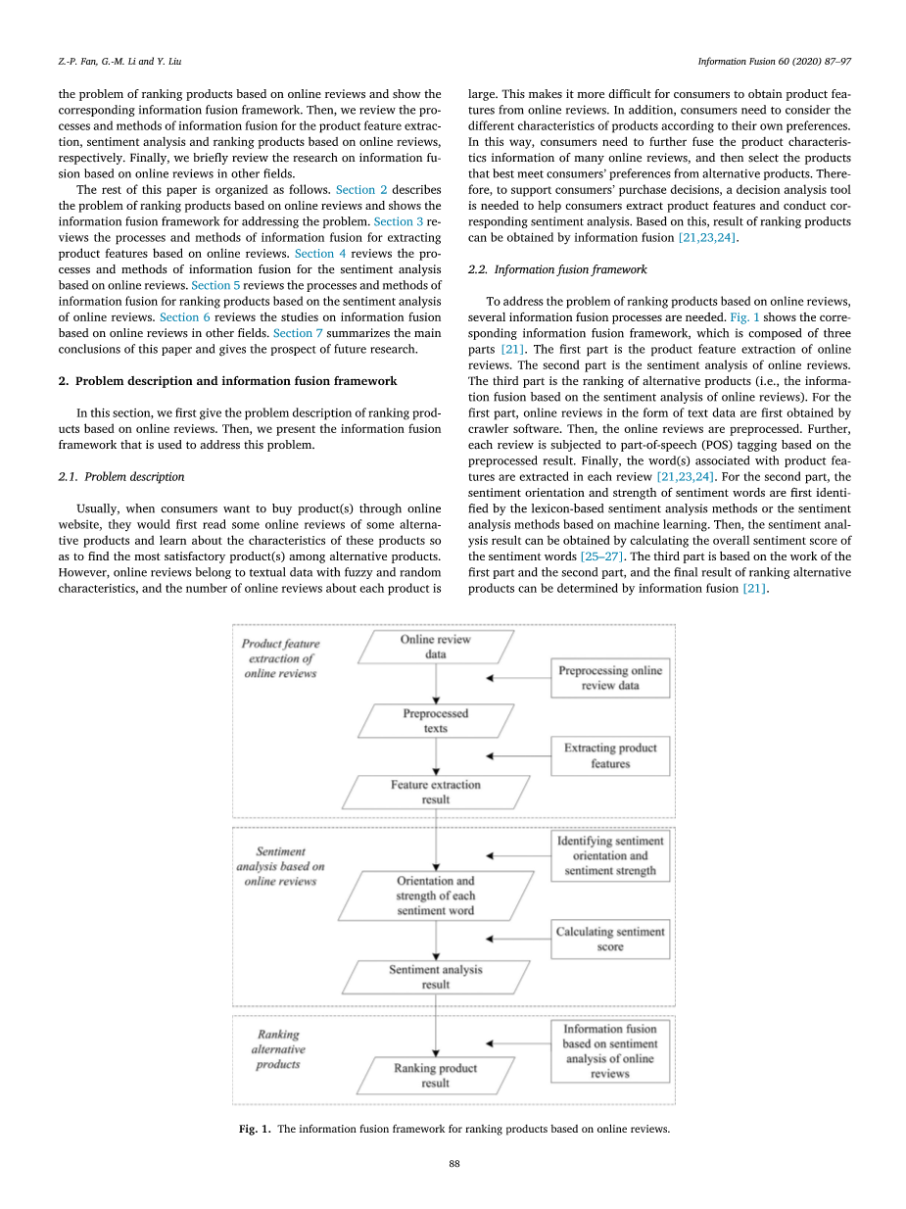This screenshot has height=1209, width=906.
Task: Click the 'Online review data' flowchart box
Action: tap(436, 647)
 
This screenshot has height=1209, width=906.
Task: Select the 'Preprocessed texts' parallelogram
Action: tap(436, 721)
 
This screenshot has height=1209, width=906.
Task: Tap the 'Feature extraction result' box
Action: tap(436, 793)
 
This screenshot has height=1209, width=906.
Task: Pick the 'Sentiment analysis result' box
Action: tap(436, 977)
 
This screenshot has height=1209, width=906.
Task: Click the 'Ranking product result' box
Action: tap(436, 1076)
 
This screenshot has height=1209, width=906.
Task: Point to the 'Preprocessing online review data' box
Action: tap(610, 678)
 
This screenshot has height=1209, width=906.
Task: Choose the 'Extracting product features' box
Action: tap(610, 755)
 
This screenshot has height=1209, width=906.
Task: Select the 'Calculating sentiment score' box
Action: tap(610, 940)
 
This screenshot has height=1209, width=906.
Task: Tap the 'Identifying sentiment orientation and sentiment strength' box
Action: tap(610, 855)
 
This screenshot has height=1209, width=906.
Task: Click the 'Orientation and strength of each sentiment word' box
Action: tap(436, 895)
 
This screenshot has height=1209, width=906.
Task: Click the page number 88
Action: tap(453, 1164)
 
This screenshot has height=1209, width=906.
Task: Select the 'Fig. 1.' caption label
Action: tap(256, 1129)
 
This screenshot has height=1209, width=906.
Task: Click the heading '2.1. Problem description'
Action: tap(121, 476)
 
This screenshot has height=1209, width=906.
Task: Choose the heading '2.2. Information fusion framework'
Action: tap(557, 268)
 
